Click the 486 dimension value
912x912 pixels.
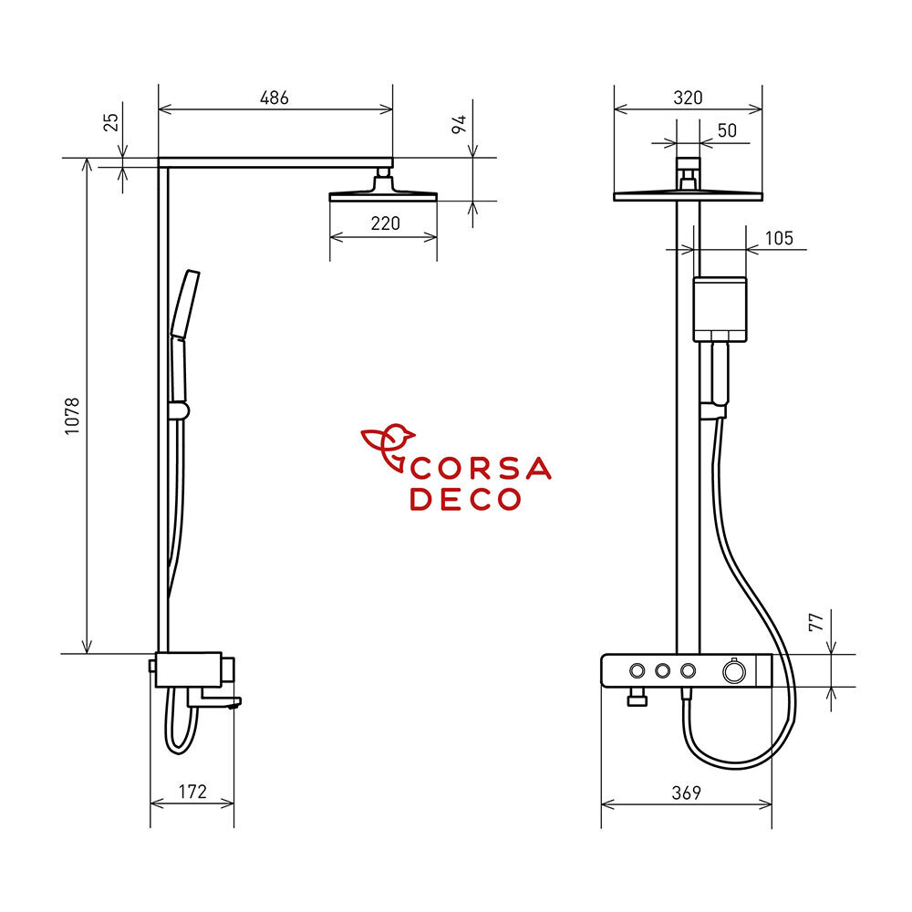pyautogui.click(x=274, y=98)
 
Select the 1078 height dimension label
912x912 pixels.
pyautogui.click(x=71, y=417)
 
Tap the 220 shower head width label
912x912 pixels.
pyautogui.click(x=385, y=223)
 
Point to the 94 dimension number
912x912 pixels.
pyautogui.click(x=459, y=124)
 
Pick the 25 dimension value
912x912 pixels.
pyautogui.click(x=110, y=122)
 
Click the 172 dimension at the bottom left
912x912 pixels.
pyautogui.click(x=192, y=792)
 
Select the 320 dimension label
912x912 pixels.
pyautogui.click(x=688, y=98)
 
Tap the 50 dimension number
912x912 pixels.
pyautogui.click(x=727, y=130)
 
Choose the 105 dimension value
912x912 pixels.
pyautogui.click(x=779, y=238)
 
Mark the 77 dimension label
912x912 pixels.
pyautogui.click(x=816, y=622)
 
